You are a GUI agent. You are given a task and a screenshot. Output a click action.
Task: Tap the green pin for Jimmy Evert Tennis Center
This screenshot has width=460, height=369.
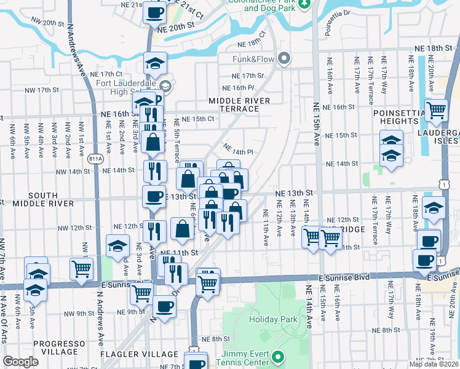pyautogui.click(x=278, y=356)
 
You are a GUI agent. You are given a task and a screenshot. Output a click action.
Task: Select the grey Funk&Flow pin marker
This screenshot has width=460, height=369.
pyautogui.click(x=284, y=59)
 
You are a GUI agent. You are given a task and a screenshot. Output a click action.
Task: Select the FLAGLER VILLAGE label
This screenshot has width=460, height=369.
pyautogui.click(x=151, y=354)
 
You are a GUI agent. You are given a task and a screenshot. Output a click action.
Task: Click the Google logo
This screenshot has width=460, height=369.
pyautogui.click(x=21, y=362)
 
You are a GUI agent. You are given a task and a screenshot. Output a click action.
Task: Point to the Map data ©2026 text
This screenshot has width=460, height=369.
pyautogui.click(x=434, y=364)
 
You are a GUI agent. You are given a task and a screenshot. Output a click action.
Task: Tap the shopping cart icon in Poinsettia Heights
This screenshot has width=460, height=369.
pyautogui.click(x=435, y=111)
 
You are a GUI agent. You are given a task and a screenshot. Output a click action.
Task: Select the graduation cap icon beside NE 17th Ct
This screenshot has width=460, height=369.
pyautogui.click(x=156, y=63)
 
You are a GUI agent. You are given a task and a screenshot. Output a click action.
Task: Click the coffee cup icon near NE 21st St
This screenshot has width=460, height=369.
pyautogui.click(x=154, y=12)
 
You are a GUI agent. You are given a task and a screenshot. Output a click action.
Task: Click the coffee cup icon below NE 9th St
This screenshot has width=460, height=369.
pyautogui.click(x=164, y=307)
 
